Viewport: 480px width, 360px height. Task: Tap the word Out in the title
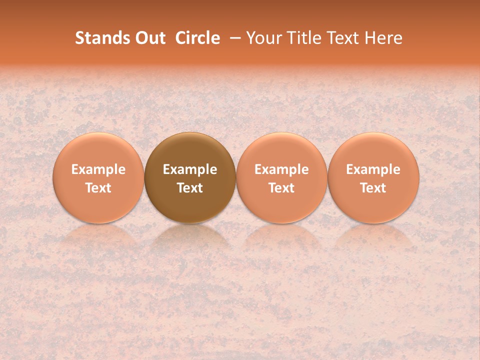click(149, 38)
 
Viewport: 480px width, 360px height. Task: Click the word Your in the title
click(263, 38)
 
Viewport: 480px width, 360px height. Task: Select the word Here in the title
click(383, 38)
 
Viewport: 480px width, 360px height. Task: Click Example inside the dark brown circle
click(190, 169)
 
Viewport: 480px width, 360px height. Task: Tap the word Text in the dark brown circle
click(190, 188)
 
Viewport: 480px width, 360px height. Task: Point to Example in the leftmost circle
click(98, 169)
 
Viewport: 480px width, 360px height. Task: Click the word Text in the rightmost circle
click(373, 188)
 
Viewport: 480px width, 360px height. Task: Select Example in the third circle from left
click(281, 169)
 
